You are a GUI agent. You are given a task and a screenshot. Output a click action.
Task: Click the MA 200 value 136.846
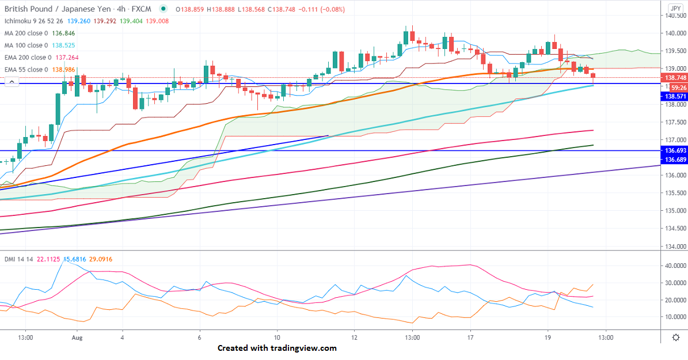coord(64,33)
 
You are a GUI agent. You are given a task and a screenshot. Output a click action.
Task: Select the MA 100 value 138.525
coord(64,46)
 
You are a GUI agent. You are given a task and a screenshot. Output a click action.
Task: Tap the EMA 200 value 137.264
coord(67,58)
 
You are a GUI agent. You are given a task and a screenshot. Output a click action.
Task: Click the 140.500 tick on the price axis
coord(673,16)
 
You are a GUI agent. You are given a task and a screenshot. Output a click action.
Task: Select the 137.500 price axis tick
coord(673,122)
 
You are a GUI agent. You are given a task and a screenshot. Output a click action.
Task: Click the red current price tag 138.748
coord(674,78)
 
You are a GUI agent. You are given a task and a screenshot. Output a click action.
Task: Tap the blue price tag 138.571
coord(674,97)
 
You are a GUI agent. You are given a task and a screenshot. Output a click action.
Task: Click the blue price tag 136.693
coord(674,150)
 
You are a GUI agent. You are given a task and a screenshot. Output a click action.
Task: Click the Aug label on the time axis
coord(76,338)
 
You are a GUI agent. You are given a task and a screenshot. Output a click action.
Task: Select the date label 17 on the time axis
coord(470,338)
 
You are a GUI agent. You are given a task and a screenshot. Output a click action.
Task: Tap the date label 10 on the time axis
coord(277,338)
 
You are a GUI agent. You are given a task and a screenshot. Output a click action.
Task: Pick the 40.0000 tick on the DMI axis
coord(673,266)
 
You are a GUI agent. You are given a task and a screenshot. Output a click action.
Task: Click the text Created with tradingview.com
coord(277,348)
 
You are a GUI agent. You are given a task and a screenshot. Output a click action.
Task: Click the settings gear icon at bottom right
coord(676,338)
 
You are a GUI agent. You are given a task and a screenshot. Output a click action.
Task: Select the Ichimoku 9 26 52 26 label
coord(31,21)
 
